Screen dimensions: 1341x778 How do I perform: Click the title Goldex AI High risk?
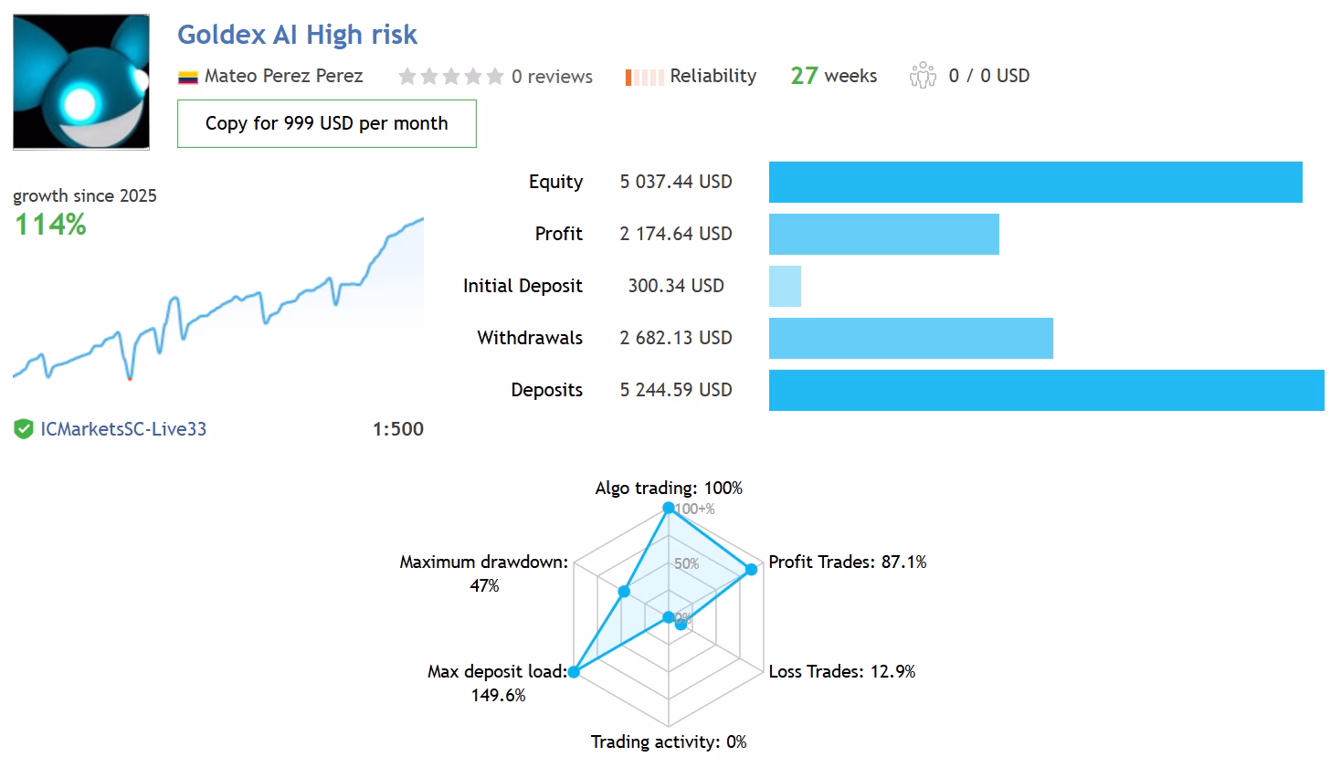[297, 35]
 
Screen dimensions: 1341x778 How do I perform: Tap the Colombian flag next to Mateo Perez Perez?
[188, 78]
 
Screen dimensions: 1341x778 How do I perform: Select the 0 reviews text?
[552, 77]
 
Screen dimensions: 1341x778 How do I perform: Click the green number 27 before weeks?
[804, 76]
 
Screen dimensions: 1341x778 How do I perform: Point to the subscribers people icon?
[923, 76]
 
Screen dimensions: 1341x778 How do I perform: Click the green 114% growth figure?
[50, 225]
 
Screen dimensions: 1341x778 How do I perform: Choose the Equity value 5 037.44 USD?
[676, 182]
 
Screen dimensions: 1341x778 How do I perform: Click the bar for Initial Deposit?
[785, 286]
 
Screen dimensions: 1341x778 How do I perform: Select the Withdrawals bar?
[911, 338]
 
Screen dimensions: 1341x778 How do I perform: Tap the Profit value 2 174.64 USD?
[676, 234]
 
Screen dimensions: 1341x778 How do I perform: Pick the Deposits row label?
[546, 390]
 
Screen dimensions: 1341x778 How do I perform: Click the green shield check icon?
[24, 429]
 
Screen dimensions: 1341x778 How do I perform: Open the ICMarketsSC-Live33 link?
[123, 429]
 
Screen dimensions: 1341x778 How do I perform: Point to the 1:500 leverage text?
[398, 429]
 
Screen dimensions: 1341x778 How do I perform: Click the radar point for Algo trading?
[669, 508]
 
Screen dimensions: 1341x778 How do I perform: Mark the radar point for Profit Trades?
[751, 570]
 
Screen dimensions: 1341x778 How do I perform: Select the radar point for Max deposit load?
[574, 672]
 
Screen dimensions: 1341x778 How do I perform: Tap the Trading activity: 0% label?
[669, 742]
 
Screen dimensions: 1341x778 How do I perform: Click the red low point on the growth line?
[130, 378]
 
